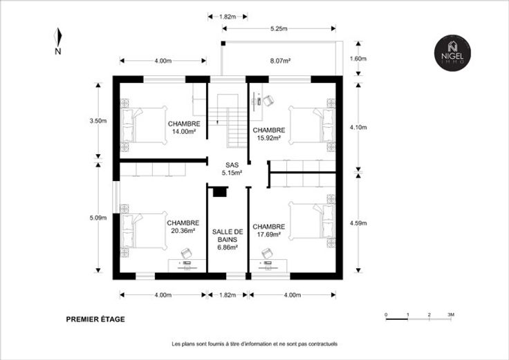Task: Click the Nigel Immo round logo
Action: pos(452,53)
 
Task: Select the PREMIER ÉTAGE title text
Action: pos(95,319)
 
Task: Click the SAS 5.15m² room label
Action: pos(232,169)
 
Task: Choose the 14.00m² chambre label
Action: pos(184,127)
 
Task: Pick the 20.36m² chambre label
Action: pos(183,227)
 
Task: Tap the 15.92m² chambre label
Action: pos(269,134)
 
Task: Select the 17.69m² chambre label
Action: pos(269,230)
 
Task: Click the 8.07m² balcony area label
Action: pos(280,60)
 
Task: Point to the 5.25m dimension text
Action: pos(279,28)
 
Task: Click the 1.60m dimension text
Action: pos(358,59)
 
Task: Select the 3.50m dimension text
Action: pos(98,121)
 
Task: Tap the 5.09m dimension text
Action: pos(98,218)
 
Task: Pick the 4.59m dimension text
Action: pos(358,223)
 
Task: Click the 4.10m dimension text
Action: pos(358,127)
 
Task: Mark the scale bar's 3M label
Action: pos(451,314)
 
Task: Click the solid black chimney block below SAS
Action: pos(219,192)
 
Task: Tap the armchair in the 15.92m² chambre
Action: pos(269,101)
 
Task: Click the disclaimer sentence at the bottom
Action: pos(254,344)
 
